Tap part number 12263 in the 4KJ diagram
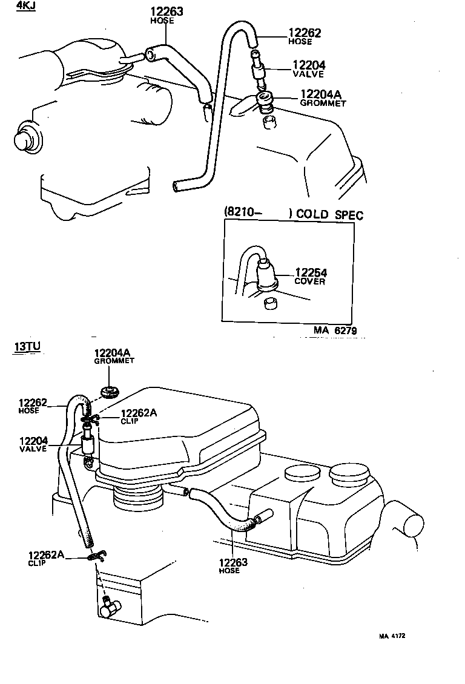(167, 11)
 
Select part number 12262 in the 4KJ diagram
(305, 33)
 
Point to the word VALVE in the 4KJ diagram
(308, 74)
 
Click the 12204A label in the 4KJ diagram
(320, 94)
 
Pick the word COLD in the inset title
(313, 215)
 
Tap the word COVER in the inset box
(309, 281)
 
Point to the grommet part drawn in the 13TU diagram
(109, 390)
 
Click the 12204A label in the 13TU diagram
(114, 352)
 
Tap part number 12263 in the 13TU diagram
(234, 562)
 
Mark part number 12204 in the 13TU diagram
(34, 441)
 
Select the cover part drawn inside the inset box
(267, 273)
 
